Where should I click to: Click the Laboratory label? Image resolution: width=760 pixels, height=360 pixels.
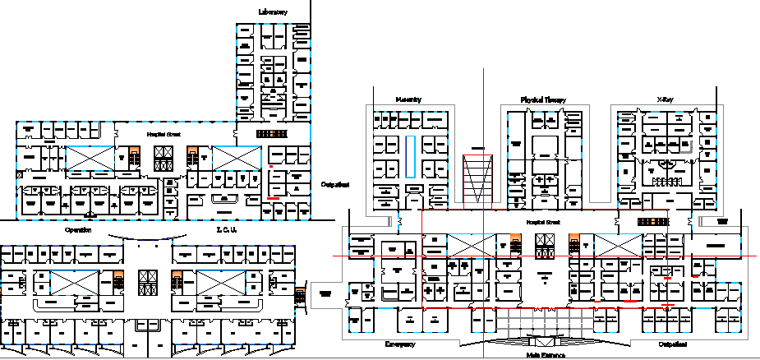point(273,12)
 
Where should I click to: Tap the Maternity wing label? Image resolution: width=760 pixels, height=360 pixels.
point(408,99)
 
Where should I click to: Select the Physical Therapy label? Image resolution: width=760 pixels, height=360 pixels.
point(543,99)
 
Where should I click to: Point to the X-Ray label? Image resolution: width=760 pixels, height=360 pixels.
point(664,99)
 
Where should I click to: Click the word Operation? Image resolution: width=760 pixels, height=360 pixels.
point(78,231)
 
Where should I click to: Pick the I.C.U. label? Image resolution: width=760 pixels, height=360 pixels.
point(227,231)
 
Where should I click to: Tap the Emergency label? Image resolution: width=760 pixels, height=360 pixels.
point(400,344)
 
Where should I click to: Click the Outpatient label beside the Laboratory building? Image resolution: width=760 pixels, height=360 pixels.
point(334,185)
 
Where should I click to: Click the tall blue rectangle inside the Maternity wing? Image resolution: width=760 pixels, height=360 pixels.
point(408,155)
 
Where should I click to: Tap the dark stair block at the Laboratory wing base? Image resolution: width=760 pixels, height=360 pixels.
point(272,133)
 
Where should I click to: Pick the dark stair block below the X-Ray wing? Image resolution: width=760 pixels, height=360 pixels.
point(654,221)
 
